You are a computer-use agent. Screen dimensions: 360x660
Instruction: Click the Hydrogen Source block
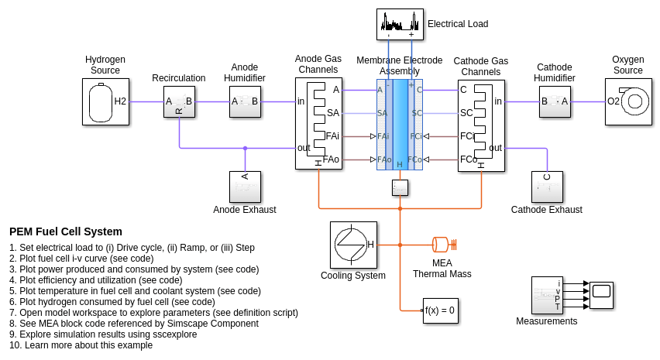[105, 101]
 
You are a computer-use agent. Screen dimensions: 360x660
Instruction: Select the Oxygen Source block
[628, 101]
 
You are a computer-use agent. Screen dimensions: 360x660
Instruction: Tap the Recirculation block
[179, 101]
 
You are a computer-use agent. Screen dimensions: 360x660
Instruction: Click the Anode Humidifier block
[245, 101]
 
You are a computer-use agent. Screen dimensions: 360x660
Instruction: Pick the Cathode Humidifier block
[555, 101]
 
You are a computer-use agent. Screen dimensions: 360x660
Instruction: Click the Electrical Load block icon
[400, 24]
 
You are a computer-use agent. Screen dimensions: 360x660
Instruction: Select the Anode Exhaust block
[245, 187]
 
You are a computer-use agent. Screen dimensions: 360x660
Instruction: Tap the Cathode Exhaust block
[547, 187]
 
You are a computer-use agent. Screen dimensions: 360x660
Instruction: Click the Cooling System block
[353, 245]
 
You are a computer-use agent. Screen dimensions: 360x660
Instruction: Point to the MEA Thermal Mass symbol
[442, 245]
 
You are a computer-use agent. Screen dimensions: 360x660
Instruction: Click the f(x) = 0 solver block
[439, 310]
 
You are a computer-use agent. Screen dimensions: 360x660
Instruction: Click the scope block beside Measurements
[601, 295]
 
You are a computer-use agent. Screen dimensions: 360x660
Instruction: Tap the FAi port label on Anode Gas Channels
[332, 136]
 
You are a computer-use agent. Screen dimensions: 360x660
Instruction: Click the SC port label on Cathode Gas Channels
[466, 113]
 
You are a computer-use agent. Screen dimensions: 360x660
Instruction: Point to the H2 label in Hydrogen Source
[120, 101]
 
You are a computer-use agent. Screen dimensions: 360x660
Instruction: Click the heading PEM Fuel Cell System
[66, 231]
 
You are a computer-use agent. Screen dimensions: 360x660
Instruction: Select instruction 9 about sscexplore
[103, 334]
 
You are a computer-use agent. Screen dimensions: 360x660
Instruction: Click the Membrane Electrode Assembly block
[400, 125]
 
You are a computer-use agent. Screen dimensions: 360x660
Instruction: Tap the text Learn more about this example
[88, 345]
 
